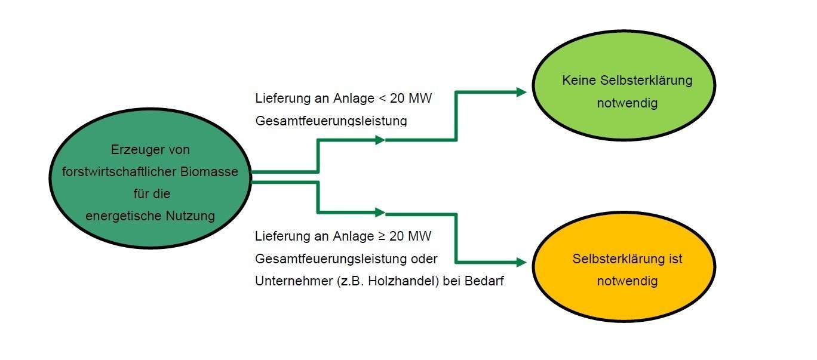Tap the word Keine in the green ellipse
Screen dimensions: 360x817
point(578,81)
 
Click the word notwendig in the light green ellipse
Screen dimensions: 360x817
point(627,103)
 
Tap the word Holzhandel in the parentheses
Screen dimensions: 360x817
point(411,281)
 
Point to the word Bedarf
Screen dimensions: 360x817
point(486,281)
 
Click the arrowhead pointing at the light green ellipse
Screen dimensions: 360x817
point(521,92)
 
